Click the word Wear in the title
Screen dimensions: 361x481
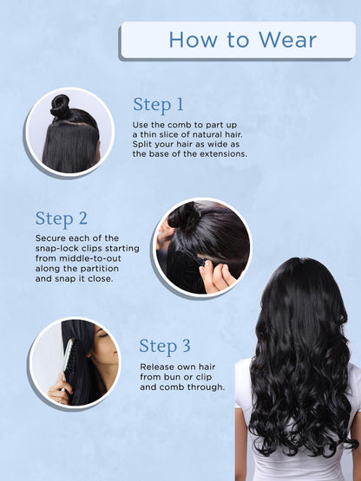coord(287,40)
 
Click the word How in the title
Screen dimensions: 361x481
coord(194,40)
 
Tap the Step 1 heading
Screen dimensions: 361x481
coord(158,105)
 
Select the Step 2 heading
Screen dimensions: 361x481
coord(62,218)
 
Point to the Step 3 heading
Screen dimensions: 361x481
coord(165,346)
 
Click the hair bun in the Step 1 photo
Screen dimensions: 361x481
coord(60,107)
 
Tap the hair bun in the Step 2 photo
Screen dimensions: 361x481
coord(184,216)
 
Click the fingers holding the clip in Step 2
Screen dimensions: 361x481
coord(218,276)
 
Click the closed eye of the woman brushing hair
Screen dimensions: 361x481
coord(104,335)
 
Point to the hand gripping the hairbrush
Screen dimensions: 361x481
coord(59,388)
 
